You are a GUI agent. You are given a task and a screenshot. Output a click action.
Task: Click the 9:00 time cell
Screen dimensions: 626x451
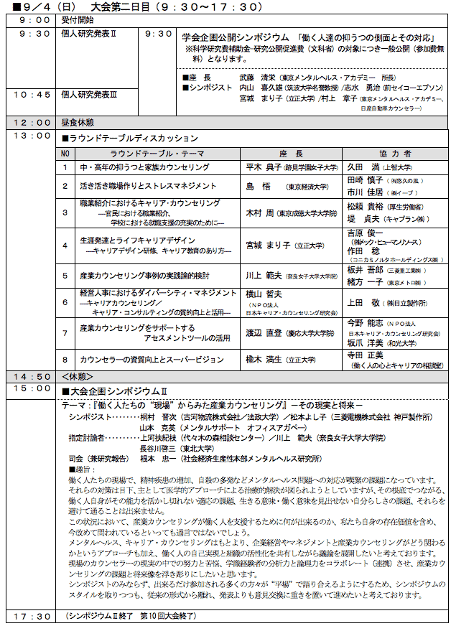tap(32, 20)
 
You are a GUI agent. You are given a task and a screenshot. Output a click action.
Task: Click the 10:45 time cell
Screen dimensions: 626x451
tap(32, 93)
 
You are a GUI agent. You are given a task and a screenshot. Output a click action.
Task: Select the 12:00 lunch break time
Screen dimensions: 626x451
tap(32, 122)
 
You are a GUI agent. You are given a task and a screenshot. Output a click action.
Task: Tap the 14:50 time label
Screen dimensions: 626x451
tap(32, 375)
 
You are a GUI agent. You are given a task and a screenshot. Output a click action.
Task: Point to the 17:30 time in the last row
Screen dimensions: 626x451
tap(32, 617)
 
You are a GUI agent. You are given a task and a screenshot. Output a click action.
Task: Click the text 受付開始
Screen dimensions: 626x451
tap(78, 20)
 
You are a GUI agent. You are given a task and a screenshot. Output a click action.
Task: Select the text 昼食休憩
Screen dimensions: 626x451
tap(78, 122)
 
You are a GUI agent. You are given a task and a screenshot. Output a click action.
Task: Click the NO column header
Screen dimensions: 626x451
tap(66, 154)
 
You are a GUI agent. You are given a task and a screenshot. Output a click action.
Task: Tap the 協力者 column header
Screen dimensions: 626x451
tap(394, 154)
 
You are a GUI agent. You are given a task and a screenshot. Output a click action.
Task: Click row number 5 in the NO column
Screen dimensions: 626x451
tap(66, 275)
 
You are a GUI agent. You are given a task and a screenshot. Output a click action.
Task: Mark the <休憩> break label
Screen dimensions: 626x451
tap(78, 375)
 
